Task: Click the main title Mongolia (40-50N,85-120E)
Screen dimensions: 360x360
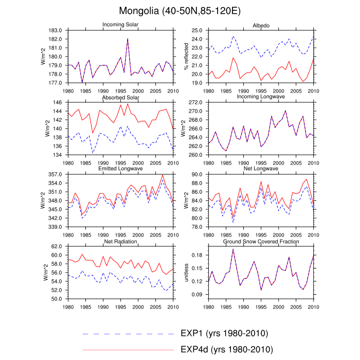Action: pyautogui.click(x=179, y=11)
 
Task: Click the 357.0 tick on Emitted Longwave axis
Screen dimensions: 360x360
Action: pyautogui.click(x=56, y=175)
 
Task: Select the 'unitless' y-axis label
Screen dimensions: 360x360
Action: pyautogui.click(x=187, y=273)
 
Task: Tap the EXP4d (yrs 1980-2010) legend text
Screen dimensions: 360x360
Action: pyautogui.click(x=226, y=350)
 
